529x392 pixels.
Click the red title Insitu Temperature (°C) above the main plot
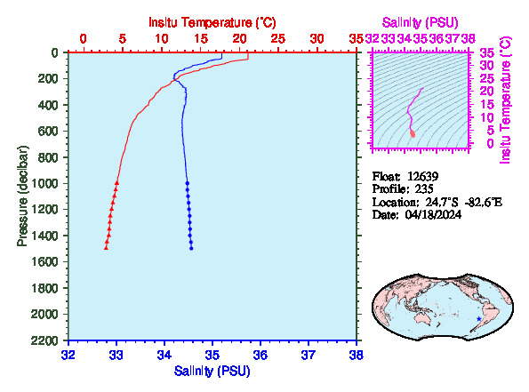pos(212,22)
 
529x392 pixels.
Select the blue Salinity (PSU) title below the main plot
pos(212,371)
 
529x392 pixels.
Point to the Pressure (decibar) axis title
pos(22,196)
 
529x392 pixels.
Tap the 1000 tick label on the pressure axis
pos(44,183)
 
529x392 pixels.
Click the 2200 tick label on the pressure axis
pos(44,340)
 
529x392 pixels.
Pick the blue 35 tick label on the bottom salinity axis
pos(212,355)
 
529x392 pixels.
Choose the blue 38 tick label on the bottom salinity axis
pos(357,355)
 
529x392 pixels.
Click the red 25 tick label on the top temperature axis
pos(278,39)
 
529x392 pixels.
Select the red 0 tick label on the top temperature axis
pos(83,39)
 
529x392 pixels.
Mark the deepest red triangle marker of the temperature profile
pos(106,248)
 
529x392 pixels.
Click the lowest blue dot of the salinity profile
pos(191,249)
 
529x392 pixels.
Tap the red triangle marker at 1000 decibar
pos(116,183)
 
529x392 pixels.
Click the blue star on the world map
pos(478,319)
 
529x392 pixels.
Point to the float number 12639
pos(422,176)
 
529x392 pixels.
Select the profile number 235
pos(424,189)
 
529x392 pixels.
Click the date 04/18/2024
pos(433,214)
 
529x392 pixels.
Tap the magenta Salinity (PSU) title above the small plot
pos(420,22)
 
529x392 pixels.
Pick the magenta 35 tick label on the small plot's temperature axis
pos(487,53)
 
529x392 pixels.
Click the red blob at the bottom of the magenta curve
pos(413,134)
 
